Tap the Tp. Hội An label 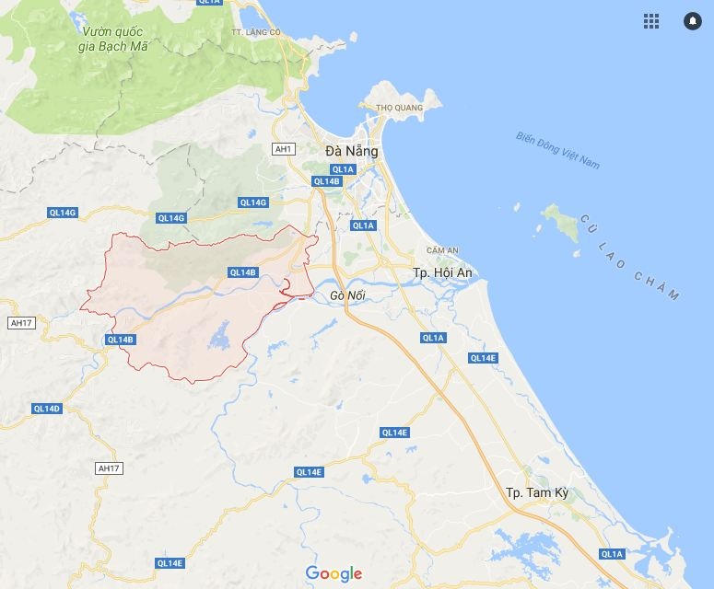pyautogui.click(x=442, y=273)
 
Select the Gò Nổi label pyautogui.click(x=347, y=295)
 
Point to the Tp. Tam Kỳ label pyautogui.click(x=537, y=493)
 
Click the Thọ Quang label pyautogui.click(x=399, y=108)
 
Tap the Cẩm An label pyautogui.click(x=442, y=250)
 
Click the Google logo pyautogui.click(x=334, y=573)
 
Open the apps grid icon pyautogui.click(x=651, y=20)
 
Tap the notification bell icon pyautogui.click(x=692, y=20)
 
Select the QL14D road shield pyautogui.click(x=46, y=409)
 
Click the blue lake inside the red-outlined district pyautogui.click(x=221, y=339)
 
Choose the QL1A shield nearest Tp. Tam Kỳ pyautogui.click(x=611, y=554)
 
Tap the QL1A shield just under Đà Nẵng pyautogui.click(x=343, y=169)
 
